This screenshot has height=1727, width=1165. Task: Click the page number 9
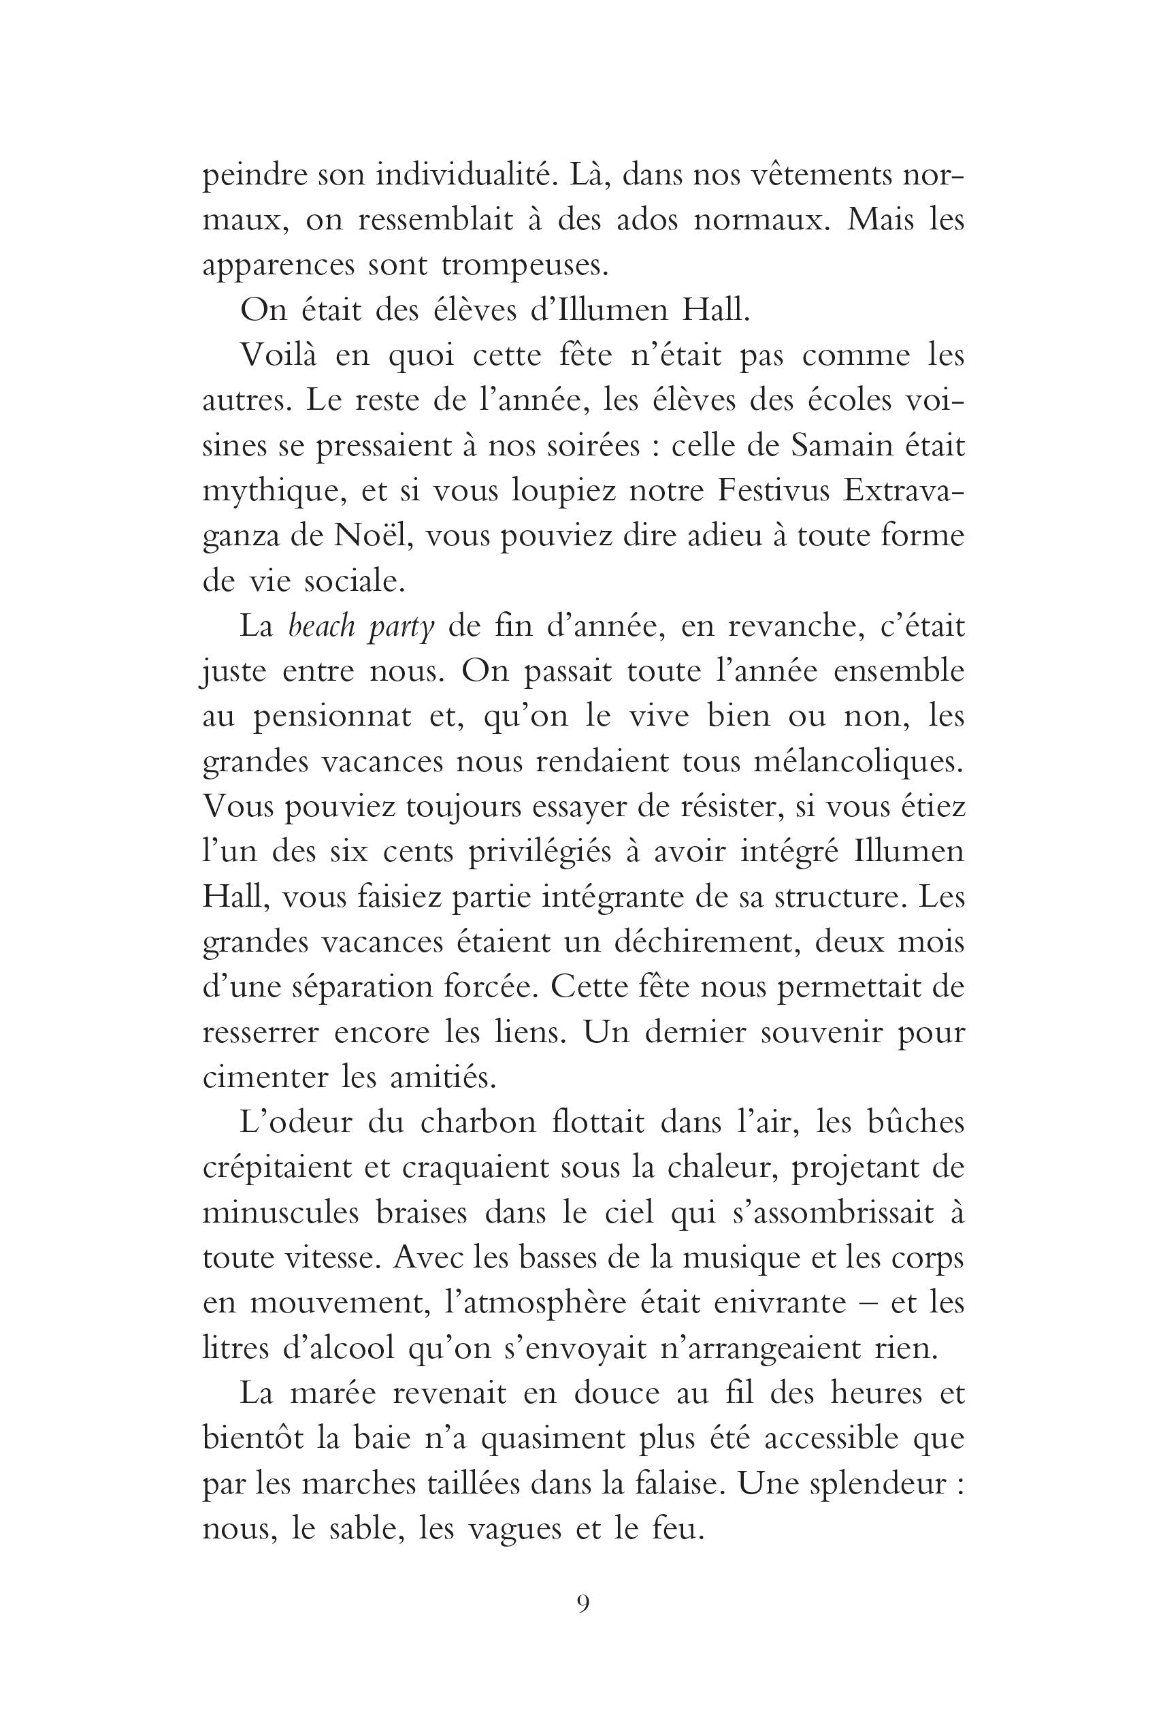[x=582, y=1603]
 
